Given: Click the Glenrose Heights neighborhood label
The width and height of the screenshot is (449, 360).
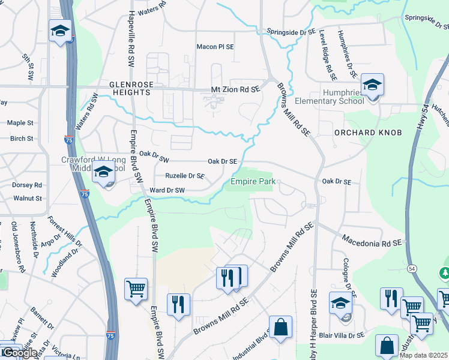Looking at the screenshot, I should (130, 88).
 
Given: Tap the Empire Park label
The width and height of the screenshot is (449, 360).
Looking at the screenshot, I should (252, 181).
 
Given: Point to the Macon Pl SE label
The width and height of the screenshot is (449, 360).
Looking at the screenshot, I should (215, 47).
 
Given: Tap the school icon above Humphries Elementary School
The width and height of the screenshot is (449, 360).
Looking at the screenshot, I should (372, 85).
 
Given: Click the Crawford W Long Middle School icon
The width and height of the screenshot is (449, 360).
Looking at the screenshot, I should (103, 172).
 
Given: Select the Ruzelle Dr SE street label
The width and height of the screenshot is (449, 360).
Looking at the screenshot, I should (185, 176).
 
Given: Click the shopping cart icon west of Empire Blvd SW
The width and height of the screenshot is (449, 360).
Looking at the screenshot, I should (136, 288).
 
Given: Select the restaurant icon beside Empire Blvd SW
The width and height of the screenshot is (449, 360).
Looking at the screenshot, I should (178, 304).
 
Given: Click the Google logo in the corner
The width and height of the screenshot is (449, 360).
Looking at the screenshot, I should (19, 352).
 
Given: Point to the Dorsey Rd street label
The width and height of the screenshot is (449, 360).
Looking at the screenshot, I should (27, 185).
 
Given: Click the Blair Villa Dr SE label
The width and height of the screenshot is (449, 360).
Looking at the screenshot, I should (334, 336).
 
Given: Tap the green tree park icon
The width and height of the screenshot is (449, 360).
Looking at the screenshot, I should (445, 274).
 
